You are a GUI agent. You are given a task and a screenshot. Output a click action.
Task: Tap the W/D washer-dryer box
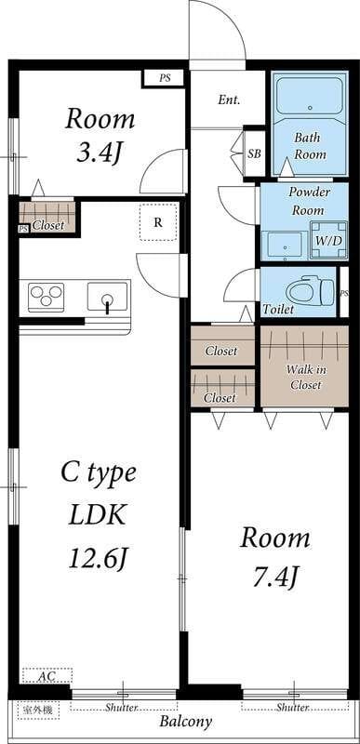pos(328,240)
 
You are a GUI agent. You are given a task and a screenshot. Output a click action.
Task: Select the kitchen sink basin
pos(108,297)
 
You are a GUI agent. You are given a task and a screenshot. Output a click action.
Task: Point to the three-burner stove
pos(46,297)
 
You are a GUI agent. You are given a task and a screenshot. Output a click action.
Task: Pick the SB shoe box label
pos(255,154)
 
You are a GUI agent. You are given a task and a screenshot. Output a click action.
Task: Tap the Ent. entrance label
pos(229,100)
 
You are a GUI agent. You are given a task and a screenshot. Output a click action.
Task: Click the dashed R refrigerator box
pos(158,222)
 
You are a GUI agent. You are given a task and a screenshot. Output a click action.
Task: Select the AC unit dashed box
pos(47,675)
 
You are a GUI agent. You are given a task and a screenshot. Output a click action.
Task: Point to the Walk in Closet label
pos(306,378)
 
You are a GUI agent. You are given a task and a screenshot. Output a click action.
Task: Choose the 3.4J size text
pos(100,153)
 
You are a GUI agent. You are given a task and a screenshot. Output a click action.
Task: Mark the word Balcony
pos(185,723)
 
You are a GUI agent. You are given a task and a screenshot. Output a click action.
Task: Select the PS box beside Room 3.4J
pos(164,78)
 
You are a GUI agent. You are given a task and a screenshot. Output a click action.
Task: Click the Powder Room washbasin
pos(284,246)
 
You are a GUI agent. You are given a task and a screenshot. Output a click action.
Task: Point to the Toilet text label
pos(278,310)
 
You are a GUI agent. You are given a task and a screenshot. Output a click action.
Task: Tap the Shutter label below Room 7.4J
pos(293,708)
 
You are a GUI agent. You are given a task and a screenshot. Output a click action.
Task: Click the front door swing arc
pos(227,19)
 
